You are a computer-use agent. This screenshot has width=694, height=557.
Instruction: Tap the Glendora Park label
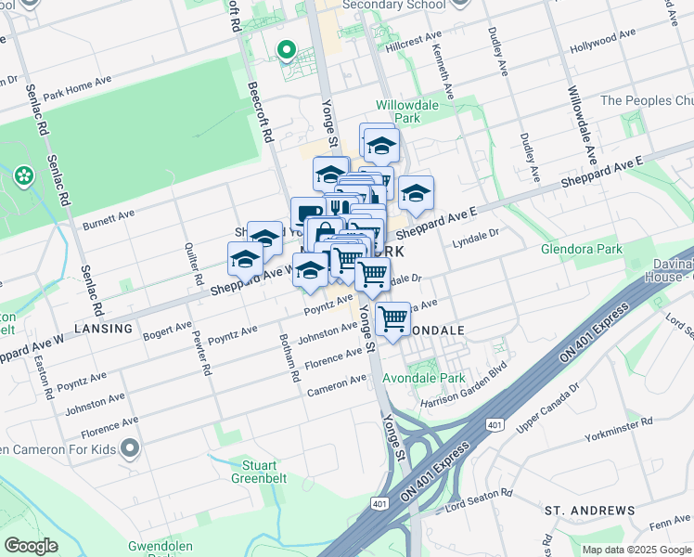582,250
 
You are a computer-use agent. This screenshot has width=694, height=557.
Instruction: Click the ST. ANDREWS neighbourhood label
589,511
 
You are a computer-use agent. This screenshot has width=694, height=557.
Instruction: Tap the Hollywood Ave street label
603,39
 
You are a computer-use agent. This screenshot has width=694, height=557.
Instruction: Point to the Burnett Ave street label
109,219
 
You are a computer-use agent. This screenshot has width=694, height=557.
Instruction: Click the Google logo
31,546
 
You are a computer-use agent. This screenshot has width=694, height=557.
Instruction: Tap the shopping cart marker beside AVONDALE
394,318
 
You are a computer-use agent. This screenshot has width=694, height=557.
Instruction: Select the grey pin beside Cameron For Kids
129,450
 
